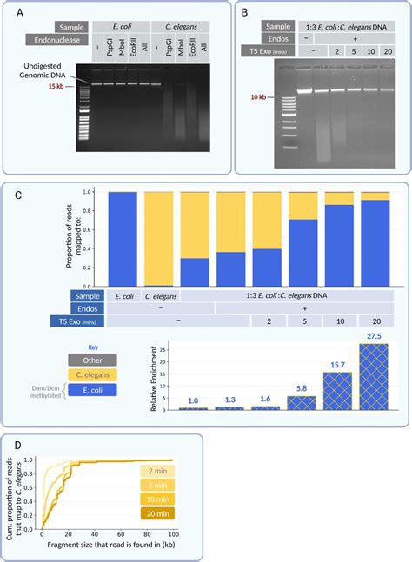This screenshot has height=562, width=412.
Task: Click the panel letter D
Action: [19, 444]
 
